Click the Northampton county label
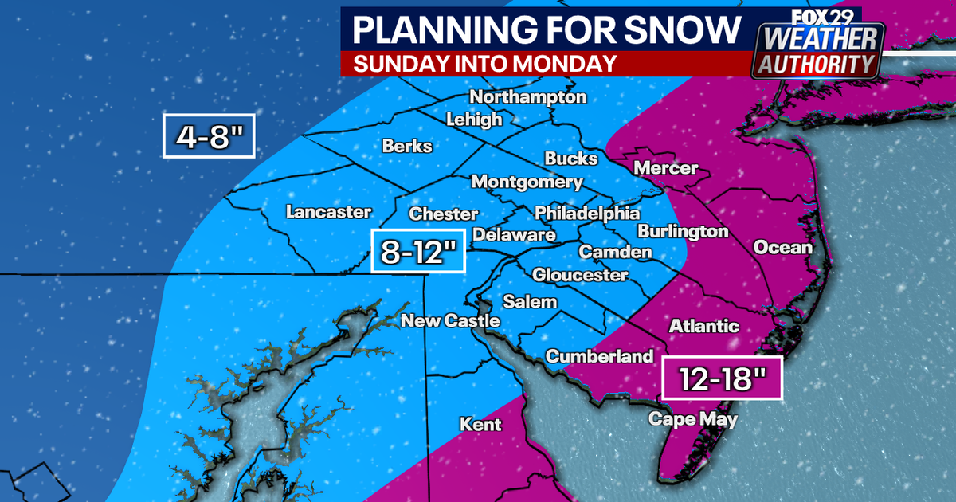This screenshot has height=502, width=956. [527, 97]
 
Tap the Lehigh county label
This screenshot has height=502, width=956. [474, 120]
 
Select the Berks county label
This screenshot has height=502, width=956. [407, 147]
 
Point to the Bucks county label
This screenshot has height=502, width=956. [570, 159]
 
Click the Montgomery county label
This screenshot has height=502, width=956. [527, 182]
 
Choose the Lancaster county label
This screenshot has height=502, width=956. [328, 212]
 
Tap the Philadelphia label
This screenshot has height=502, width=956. [586, 214]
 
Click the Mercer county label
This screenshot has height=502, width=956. [666, 168]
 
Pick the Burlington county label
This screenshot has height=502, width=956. [683, 232]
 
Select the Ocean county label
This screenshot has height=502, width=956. [782, 247]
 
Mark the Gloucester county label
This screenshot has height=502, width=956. [580, 275]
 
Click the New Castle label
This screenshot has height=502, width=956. [450, 321]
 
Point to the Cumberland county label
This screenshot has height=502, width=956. [599, 356]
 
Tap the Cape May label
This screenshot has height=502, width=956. [692, 419]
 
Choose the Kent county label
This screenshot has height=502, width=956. [481, 424]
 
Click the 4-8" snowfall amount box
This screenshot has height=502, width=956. [209, 135]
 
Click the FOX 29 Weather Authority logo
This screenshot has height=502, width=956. [817, 43]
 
